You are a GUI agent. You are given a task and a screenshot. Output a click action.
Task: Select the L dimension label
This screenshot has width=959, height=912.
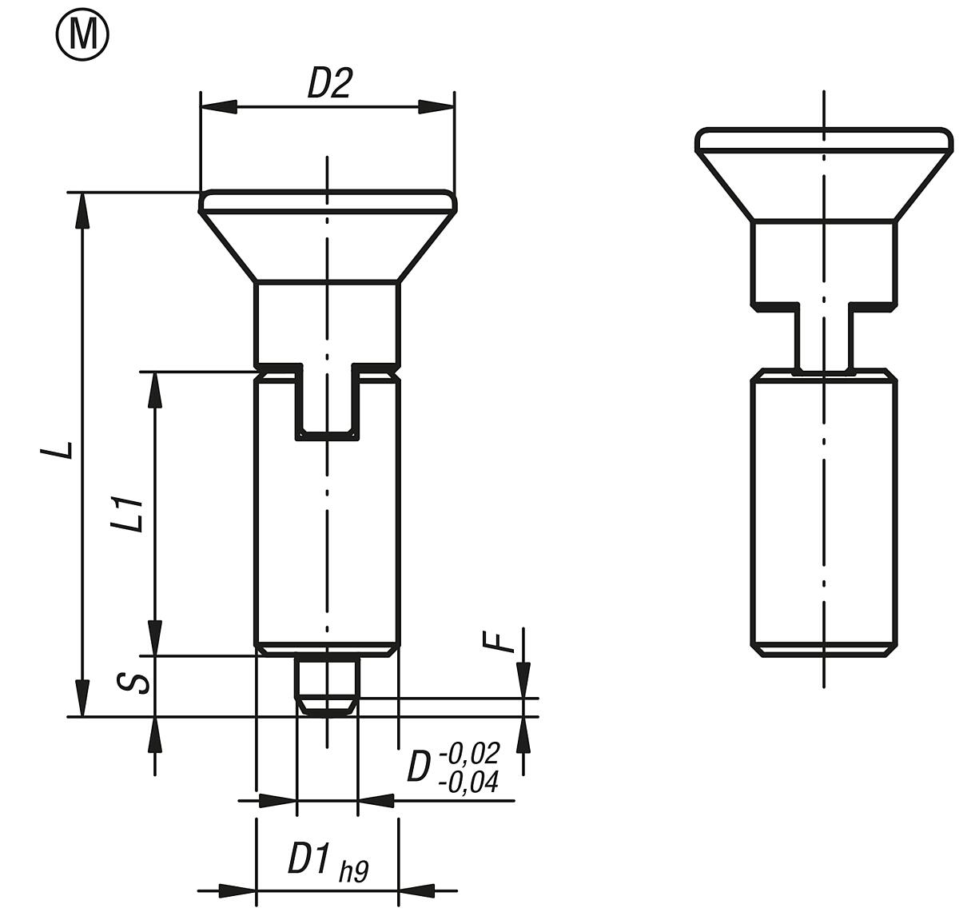click(x=58, y=450)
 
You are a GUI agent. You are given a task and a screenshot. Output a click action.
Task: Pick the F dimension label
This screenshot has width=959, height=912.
click(x=500, y=641)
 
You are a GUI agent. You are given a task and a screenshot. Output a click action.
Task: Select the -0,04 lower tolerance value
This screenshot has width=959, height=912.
click(x=469, y=781)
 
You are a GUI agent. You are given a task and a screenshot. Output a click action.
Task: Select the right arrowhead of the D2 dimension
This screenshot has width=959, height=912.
click(x=436, y=106)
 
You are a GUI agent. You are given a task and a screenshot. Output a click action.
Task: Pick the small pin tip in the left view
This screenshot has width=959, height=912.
click(x=327, y=683)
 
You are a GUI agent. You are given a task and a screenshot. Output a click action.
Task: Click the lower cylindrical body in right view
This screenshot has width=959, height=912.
click(x=823, y=512)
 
